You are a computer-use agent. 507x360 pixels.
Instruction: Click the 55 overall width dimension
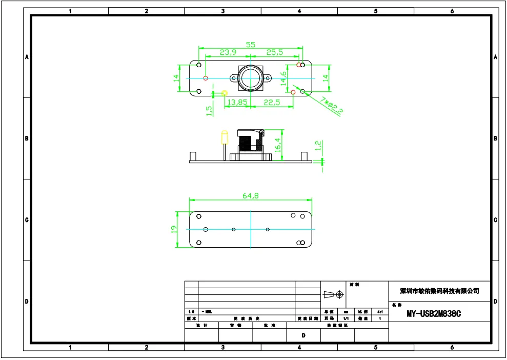250,45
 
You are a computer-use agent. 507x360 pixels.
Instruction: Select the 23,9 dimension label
228,52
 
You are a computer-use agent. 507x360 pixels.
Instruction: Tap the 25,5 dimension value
274,52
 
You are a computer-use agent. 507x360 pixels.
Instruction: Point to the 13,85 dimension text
237,103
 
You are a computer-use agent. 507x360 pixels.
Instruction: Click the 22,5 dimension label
272,103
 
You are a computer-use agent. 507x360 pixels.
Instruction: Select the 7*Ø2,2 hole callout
332,105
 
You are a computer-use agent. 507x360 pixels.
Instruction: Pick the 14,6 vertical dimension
283,79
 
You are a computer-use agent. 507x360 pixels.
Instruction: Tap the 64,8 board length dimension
250,195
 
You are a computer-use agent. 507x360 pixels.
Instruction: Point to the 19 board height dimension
174,229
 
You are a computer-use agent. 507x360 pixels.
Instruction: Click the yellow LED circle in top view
224,93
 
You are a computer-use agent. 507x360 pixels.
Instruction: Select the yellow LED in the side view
224,137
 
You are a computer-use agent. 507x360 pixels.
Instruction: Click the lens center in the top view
250,78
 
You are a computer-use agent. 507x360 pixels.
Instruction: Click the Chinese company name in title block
439,291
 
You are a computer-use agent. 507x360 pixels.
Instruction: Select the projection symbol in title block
333,294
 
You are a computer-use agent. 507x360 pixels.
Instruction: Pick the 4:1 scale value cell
379,311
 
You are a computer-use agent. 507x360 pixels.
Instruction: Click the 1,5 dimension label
209,111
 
